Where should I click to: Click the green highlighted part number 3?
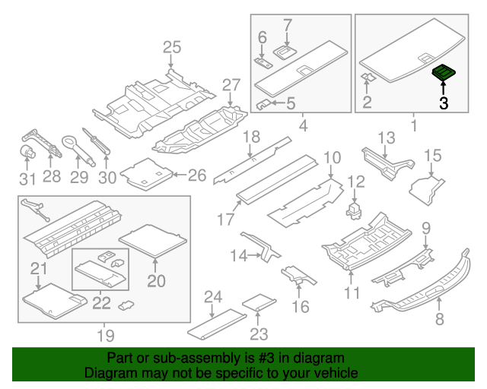click(x=443, y=73)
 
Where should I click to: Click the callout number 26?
click(x=196, y=176)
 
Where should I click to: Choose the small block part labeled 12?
click(x=353, y=207)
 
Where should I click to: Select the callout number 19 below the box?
click(x=105, y=335)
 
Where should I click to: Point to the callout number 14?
click(x=238, y=256)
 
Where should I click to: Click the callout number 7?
click(x=287, y=25)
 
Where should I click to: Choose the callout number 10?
click(x=332, y=158)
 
